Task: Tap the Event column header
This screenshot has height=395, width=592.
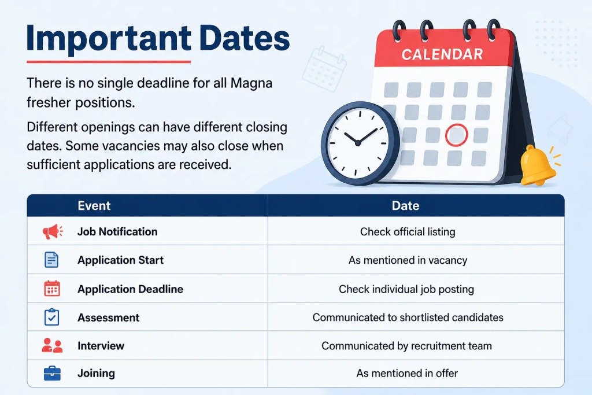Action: coord(94,205)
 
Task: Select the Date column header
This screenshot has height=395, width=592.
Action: coord(405,205)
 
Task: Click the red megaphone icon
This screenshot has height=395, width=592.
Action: coord(53,231)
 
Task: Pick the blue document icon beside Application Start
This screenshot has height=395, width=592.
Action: coord(51,260)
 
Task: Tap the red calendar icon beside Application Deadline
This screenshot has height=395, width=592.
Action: coord(52,289)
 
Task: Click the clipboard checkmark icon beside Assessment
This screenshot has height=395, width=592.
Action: coord(51,317)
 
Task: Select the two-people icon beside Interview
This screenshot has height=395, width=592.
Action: coord(52,345)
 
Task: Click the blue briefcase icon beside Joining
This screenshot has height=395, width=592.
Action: coord(52,373)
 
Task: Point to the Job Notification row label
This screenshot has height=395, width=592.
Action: coord(117,231)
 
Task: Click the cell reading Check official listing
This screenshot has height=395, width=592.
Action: coord(408,231)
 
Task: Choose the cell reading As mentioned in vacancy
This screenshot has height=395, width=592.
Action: coord(408,260)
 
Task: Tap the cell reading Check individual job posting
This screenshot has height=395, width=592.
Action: coord(406,289)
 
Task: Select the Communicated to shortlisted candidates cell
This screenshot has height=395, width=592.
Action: coord(408,317)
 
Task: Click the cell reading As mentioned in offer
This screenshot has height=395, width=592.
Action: coord(407,373)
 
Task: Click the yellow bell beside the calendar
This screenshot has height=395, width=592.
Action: coord(537,165)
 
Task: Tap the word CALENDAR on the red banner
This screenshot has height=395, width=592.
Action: coord(442,54)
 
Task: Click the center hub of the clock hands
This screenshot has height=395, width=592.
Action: coord(357,143)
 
